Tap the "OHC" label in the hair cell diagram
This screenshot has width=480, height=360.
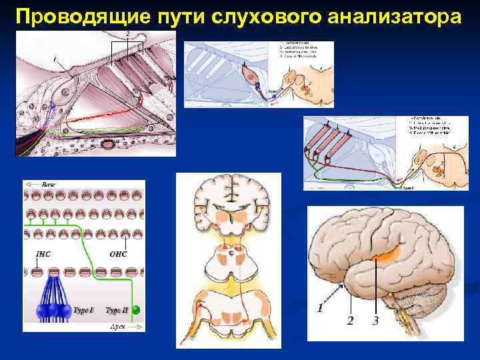[x=118, y=253]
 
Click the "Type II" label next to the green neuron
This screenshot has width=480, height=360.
[x=117, y=311]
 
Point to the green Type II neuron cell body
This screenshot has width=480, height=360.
[x=136, y=310]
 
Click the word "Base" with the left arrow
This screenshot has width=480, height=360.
[x=49, y=184]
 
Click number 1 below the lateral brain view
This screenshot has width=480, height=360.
[x=321, y=308]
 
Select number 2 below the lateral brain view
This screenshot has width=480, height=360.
[x=350, y=321]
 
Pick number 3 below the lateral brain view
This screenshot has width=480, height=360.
[x=375, y=321]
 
